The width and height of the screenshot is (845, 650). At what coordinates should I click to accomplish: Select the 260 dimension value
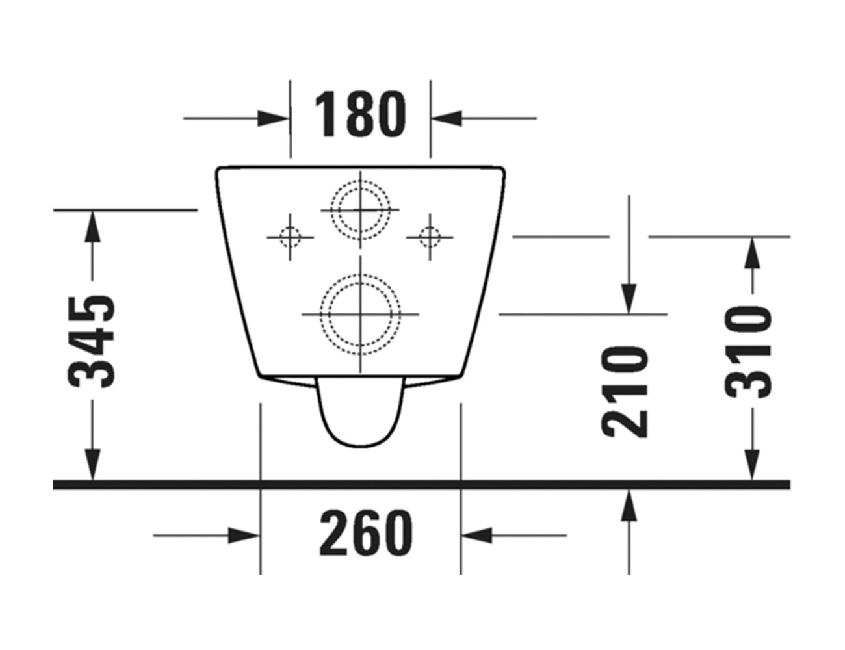click(366, 533)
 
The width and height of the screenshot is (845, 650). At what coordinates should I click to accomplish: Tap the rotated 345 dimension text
click(94, 341)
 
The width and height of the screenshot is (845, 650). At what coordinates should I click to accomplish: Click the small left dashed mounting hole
click(290, 236)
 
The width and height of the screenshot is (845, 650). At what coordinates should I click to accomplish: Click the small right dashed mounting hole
click(429, 236)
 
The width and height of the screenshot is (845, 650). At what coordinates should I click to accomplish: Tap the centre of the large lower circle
click(360, 314)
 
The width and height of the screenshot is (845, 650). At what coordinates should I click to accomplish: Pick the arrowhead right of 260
click(476, 536)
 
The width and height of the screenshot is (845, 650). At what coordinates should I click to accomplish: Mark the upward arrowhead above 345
click(94, 226)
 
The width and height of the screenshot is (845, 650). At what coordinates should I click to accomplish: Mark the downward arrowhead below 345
click(94, 465)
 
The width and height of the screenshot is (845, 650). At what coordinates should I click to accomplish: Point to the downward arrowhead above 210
click(629, 298)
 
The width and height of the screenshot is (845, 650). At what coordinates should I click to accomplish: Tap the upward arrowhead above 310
click(752, 253)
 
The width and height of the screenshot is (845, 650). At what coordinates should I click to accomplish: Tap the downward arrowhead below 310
click(752, 465)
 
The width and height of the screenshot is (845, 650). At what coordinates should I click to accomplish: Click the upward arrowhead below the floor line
click(629, 506)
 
